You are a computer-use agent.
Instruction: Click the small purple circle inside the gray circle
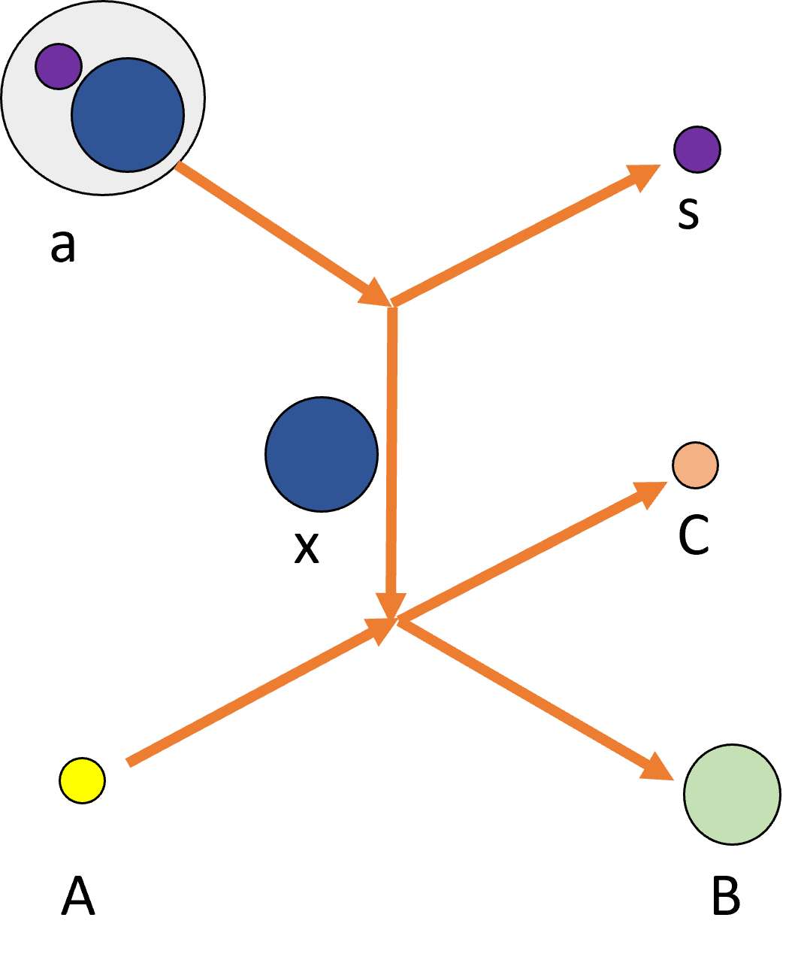point(58,66)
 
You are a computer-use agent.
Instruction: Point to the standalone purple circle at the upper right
point(697,150)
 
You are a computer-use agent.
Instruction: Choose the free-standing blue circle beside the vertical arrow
point(322,454)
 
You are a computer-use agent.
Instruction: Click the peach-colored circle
point(695,465)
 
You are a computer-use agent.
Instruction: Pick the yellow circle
point(82,780)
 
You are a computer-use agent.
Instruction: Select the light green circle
point(732,795)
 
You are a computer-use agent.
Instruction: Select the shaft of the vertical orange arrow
point(391,451)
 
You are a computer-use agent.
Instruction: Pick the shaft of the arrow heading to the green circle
point(526,695)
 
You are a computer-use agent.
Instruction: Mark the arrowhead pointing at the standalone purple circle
point(643,175)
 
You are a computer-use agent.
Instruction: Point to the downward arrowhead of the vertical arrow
point(391,605)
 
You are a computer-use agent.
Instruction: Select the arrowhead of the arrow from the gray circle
point(375,293)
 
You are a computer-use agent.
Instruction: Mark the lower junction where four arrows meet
point(394,621)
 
